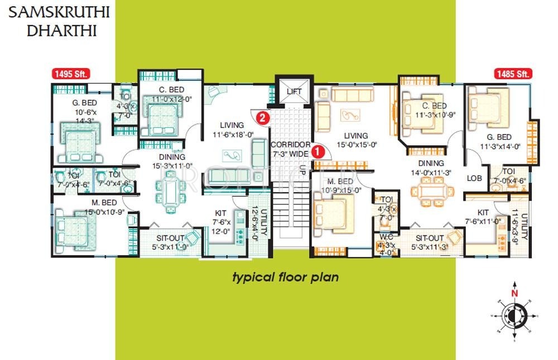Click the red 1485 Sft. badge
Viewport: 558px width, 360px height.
pyautogui.click(x=512, y=73)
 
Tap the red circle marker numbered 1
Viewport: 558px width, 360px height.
pyautogui.click(x=318, y=151)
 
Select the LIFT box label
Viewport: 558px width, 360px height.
pyautogui.click(x=294, y=92)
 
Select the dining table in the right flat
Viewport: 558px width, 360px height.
pyautogui.click(x=432, y=193)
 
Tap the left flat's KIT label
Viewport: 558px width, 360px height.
pyautogui.click(x=220, y=213)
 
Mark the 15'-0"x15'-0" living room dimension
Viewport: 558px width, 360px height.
pyautogui.click(x=356, y=145)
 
